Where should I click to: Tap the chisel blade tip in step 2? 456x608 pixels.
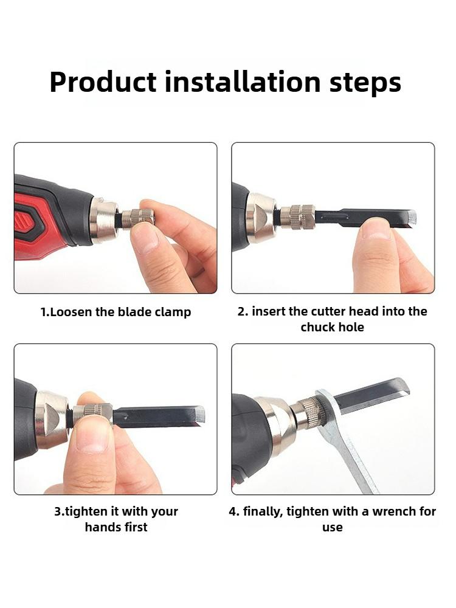[411, 218]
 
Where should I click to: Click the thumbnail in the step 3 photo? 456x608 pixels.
[92, 436]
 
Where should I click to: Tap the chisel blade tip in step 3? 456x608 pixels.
[199, 416]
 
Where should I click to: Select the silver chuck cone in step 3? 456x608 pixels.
[51, 419]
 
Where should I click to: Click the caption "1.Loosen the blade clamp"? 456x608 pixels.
[116, 313]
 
